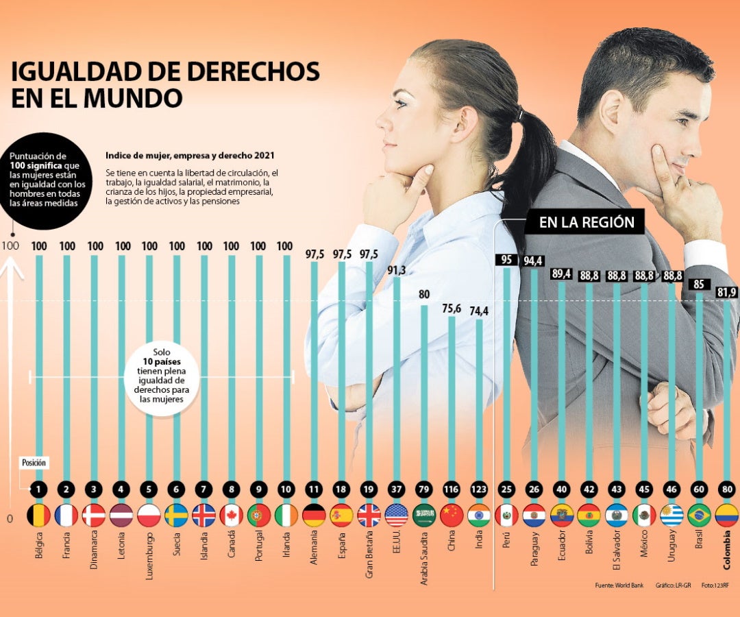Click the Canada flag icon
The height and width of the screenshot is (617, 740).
tap(231, 515)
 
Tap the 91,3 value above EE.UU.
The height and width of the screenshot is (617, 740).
tap(396, 270)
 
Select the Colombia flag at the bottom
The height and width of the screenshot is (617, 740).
tap(726, 515)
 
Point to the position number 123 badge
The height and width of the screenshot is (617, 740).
tap(479, 489)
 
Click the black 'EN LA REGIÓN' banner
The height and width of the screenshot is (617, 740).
tap(587, 222)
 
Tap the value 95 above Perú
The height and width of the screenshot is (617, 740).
tap(506, 260)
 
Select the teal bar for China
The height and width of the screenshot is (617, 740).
tap(452, 398)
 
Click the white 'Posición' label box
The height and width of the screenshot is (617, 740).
tap(34, 463)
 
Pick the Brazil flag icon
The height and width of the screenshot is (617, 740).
tap(699, 515)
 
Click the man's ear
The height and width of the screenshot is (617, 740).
tap(612, 111)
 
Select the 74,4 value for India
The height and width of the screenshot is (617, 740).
tap(479, 311)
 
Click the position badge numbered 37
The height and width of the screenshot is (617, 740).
tap(396, 489)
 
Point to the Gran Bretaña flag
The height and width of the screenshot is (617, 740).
tap(369, 515)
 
